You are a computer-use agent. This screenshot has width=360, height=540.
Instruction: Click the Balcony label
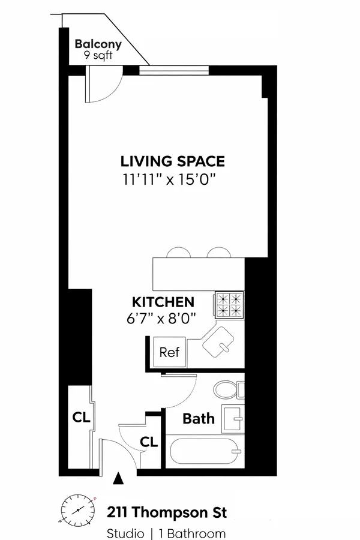pos(98,44)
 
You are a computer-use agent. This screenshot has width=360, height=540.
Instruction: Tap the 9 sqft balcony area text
pos(98,55)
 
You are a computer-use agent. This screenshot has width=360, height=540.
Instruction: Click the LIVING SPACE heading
pos(173,161)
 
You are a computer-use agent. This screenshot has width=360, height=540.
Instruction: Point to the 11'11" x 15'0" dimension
pos(173,179)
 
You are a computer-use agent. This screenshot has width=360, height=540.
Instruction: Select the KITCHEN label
pos(163,302)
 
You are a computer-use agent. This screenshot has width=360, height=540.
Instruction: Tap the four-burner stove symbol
pos(230,305)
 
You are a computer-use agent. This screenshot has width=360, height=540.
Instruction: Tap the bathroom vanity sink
pos(233,418)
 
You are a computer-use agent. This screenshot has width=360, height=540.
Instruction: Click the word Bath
pos(198,418)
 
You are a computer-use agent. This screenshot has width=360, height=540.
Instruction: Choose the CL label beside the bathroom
pos(149,442)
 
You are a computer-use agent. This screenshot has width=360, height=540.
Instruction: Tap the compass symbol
pos(78,510)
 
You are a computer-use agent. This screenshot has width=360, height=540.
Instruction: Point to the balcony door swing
pos(102,84)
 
